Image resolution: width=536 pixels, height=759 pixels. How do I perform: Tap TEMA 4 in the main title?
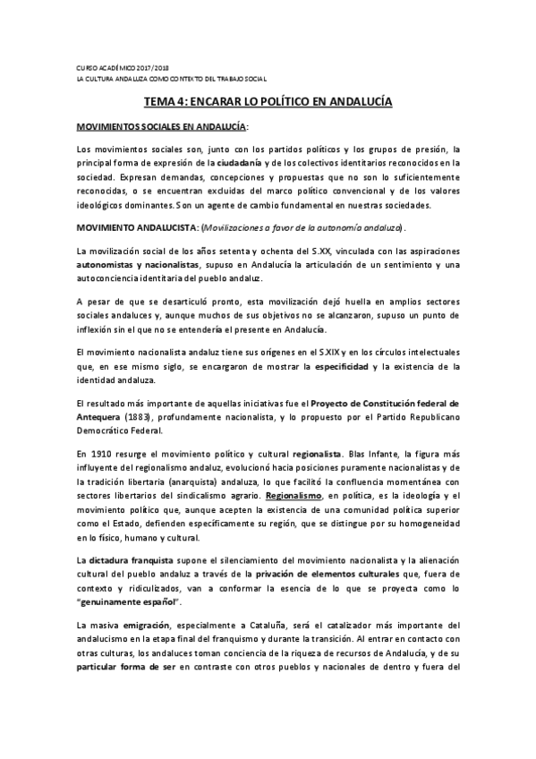point(168,103)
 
